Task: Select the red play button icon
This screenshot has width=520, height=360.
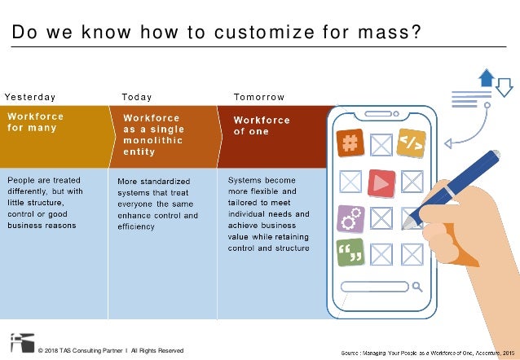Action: (x=381, y=182)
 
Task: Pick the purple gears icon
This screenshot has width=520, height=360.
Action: (x=350, y=218)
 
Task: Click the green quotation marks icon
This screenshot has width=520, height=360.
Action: (x=350, y=253)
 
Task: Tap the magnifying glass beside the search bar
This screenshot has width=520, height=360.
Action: (x=417, y=286)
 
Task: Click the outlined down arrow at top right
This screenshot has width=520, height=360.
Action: (x=504, y=85)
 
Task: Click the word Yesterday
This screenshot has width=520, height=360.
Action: (x=30, y=97)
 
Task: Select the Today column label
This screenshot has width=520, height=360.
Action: (x=136, y=97)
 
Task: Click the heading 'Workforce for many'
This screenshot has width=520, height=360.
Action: (x=36, y=121)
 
